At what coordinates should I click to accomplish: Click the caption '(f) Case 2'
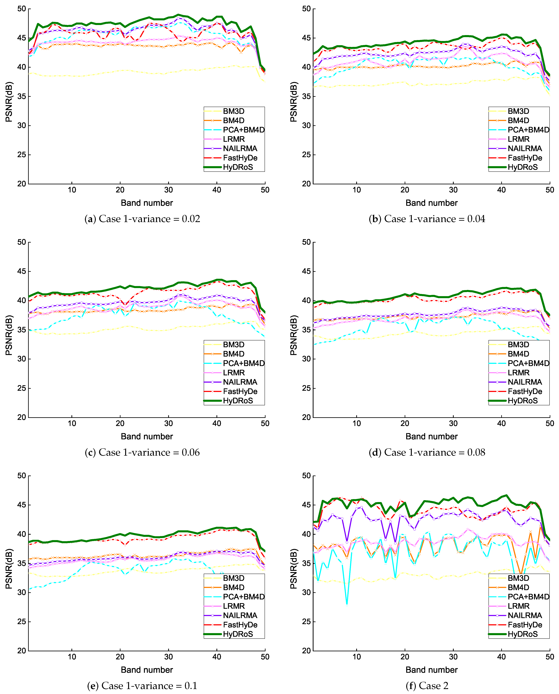(x=427, y=686)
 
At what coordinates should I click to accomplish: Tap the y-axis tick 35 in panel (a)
(x=22, y=96)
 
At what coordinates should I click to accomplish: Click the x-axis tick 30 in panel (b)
(x=453, y=190)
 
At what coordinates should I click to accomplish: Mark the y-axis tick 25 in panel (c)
(x=22, y=388)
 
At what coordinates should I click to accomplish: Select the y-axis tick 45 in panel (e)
(x=22, y=505)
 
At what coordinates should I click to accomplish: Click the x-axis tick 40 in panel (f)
(x=501, y=657)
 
